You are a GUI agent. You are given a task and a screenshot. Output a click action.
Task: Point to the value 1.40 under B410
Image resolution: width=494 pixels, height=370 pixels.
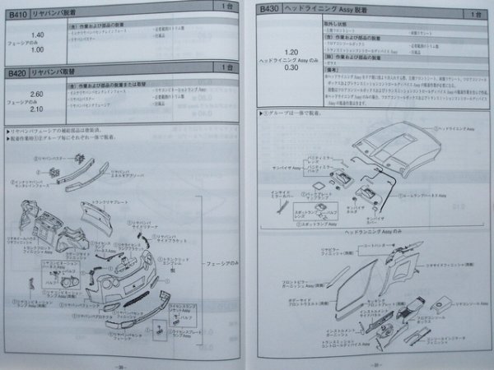(36, 35)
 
